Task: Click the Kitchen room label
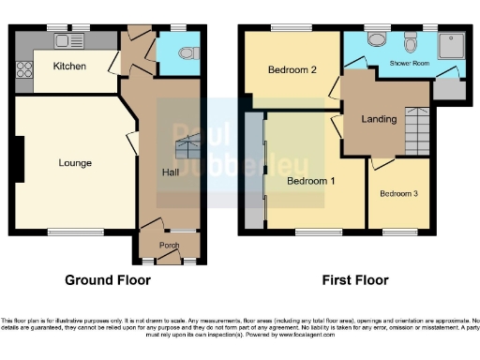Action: pyautogui.click(x=69, y=67)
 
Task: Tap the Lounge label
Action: pyautogui.click(x=75, y=163)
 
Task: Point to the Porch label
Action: pyautogui.click(x=169, y=247)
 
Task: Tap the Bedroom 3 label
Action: pyautogui.click(x=399, y=193)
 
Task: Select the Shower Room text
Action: pyautogui.click(x=410, y=65)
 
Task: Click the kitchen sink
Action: pyautogui.click(x=68, y=40)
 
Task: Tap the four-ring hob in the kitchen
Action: pyautogui.click(x=22, y=67)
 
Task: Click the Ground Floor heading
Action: pyautogui.click(x=107, y=280)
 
